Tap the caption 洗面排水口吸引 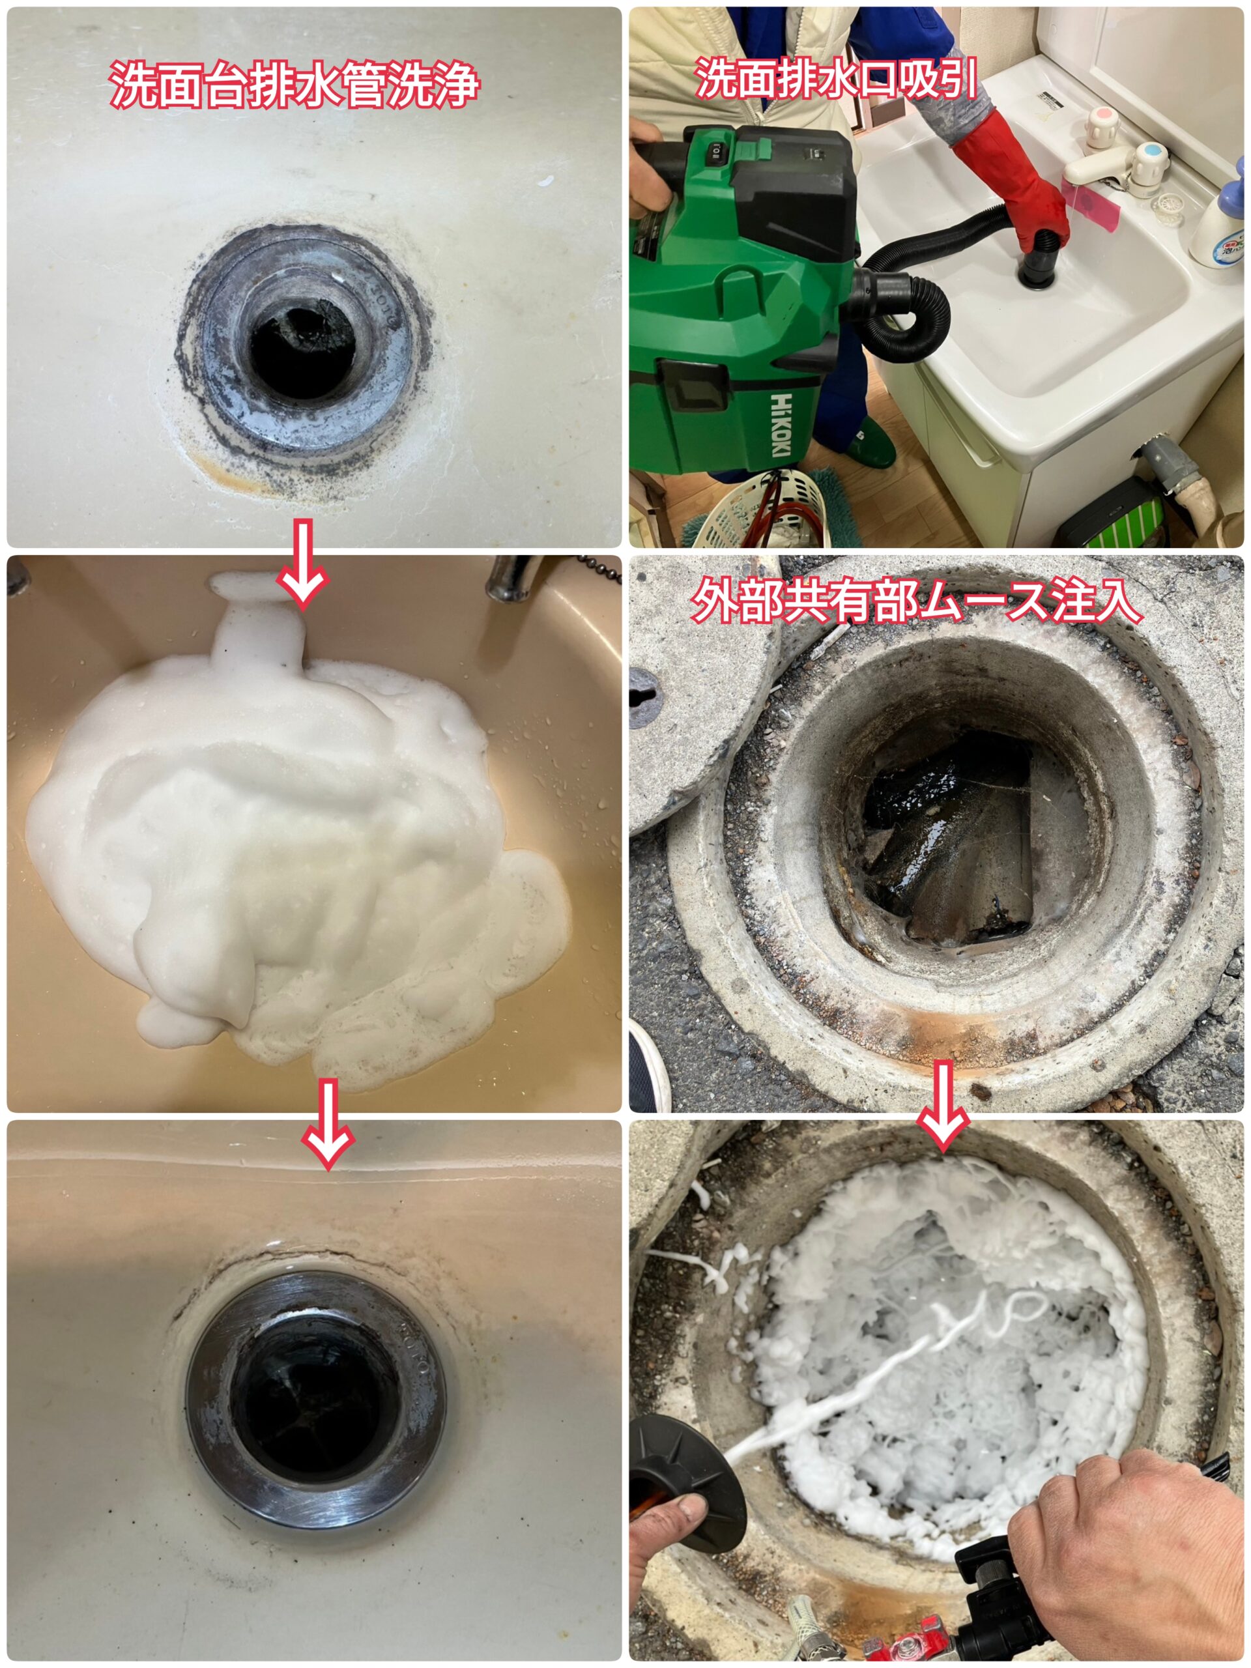(835, 78)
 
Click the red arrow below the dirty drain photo (302, 564)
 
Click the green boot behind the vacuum (874, 441)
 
